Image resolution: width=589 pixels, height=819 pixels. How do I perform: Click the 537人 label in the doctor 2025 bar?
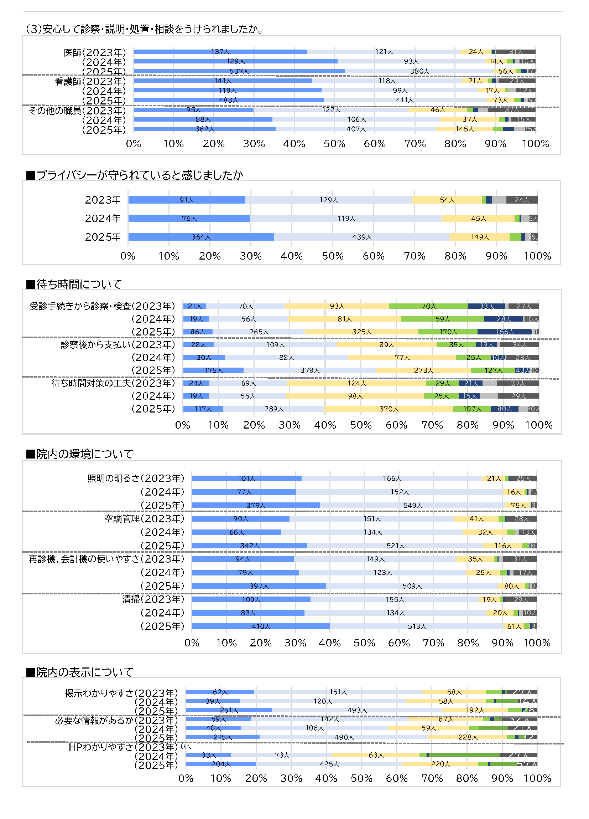tap(239, 71)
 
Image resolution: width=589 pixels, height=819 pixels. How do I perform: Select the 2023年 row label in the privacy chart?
tap(103, 200)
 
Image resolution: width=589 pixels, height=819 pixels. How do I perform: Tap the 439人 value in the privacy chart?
tap(361, 237)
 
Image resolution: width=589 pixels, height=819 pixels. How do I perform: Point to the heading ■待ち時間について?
tap(74, 284)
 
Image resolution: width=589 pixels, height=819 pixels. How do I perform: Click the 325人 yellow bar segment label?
tap(361, 332)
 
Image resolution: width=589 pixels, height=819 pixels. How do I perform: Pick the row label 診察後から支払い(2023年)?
tap(118, 344)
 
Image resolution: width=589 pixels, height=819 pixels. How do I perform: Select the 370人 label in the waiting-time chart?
tap(389, 409)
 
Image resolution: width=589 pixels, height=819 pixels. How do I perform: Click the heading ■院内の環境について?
tap(80, 454)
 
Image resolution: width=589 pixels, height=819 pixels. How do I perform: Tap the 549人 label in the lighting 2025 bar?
tap(412, 505)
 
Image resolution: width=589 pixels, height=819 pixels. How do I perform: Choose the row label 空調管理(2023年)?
tap(144, 518)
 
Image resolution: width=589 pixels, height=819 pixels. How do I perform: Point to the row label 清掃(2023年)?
tap(153, 599)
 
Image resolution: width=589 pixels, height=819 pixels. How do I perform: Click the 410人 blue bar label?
tap(261, 626)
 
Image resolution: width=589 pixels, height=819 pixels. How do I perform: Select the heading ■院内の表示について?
tap(80, 672)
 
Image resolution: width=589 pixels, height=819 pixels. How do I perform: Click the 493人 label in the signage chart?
tap(357, 710)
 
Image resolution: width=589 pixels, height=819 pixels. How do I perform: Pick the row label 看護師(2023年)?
tap(90, 81)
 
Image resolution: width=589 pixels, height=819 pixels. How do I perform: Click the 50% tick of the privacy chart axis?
tap(333, 256)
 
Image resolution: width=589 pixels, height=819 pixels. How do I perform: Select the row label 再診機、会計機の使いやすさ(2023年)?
tap(106, 559)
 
